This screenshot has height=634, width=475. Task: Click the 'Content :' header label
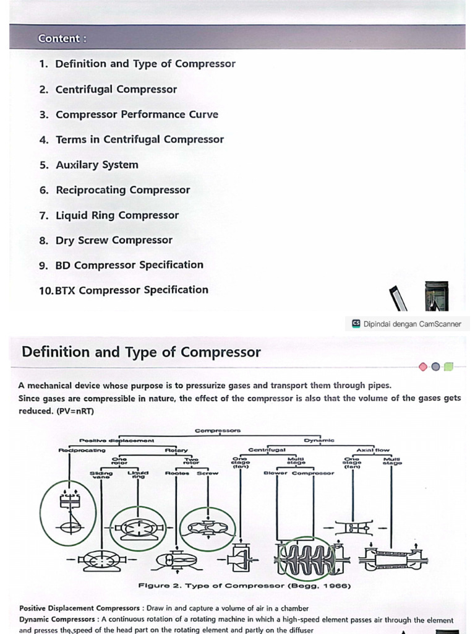pyautogui.click(x=62, y=38)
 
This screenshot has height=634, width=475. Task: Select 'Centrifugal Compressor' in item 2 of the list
pyautogui.click(x=116, y=89)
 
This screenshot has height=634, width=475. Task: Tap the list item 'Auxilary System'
pyautogui.click(x=97, y=165)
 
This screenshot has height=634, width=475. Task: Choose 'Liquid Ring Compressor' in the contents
pyautogui.click(x=117, y=215)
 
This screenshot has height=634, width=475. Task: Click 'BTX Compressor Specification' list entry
pyautogui.click(x=132, y=290)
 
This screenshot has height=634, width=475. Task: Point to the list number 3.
pyautogui.click(x=43, y=115)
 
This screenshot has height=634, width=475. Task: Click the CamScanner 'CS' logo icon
pyautogui.click(x=356, y=323)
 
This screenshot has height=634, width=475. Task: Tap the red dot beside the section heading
pyautogui.click(x=423, y=367)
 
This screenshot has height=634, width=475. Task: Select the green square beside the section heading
pyautogui.click(x=448, y=367)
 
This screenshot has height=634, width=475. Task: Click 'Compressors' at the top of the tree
pyautogui.click(x=218, y=430)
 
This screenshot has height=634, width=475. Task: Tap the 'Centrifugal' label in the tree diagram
pyautogui.click(x=267, y=450)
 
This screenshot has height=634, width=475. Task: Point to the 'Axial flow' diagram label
pyautogui.click(x=373, y=450)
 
